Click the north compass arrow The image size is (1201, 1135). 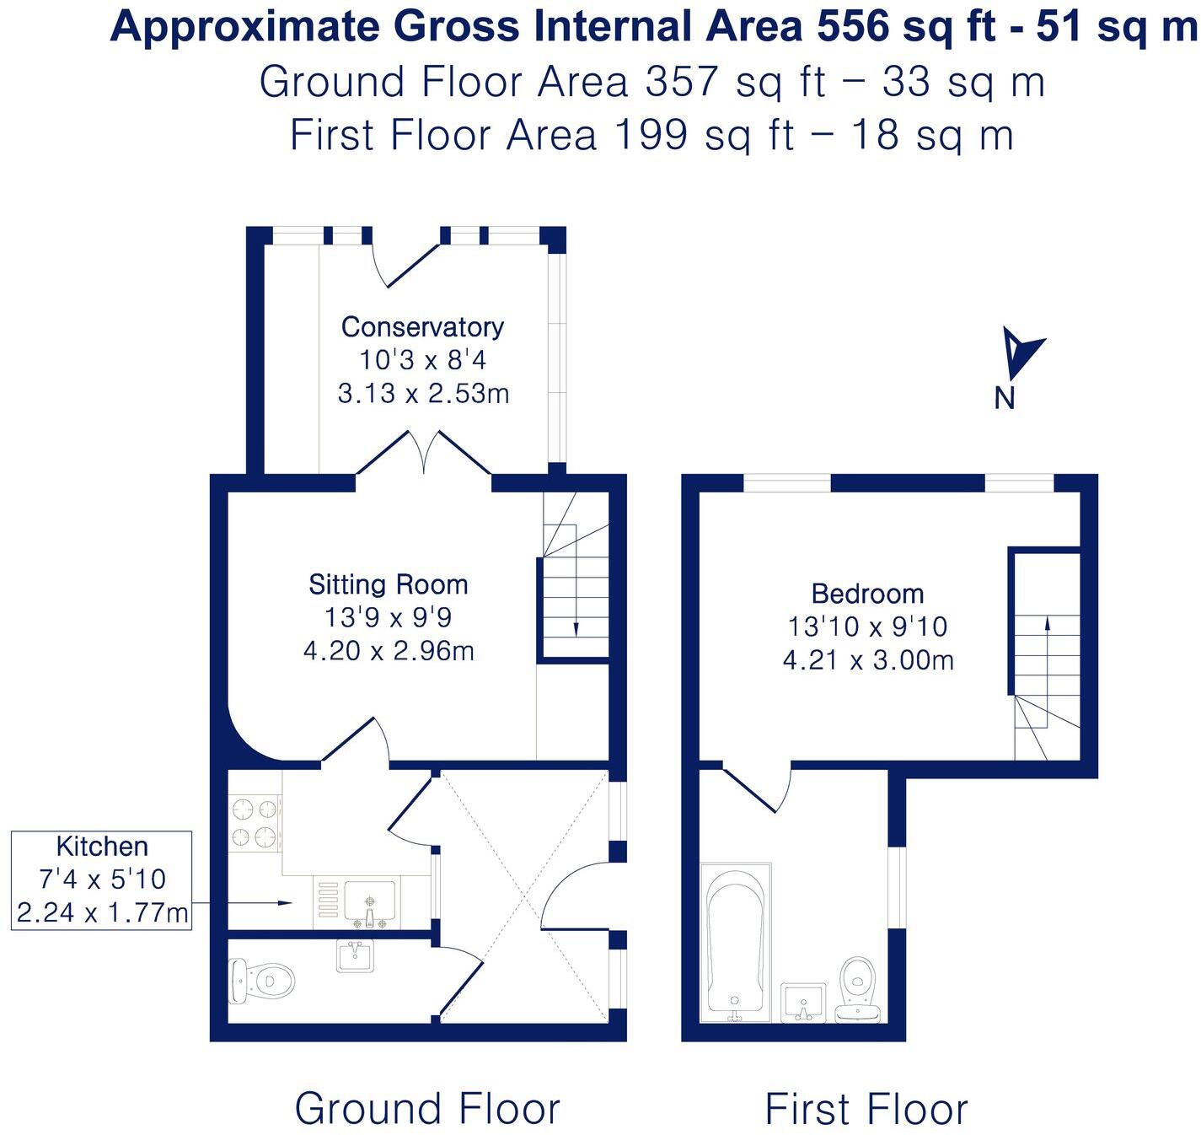1021,354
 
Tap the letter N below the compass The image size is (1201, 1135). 1004,399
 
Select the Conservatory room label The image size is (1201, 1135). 422,327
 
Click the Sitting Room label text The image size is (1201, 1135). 388,584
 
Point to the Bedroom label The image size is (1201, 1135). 867,594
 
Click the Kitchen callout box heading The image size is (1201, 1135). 102,847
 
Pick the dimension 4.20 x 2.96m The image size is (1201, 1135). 389,651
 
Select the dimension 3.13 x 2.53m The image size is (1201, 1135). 423,394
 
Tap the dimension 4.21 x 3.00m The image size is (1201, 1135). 868,659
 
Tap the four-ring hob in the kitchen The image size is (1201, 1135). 255,823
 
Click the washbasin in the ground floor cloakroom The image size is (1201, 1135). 356,956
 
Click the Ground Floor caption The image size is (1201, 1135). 427,1108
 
